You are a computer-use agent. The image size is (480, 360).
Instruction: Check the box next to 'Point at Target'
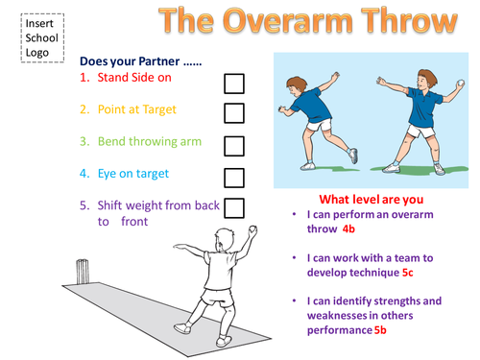click(x=233, y=113)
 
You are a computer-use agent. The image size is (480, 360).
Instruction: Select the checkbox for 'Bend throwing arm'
click(x=233, y=145)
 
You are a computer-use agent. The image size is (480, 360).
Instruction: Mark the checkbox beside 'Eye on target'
click(x=233, y=177)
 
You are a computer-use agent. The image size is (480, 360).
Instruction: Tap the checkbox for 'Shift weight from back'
click(x=233, y=206)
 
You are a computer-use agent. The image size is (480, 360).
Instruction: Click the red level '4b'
click(x=352, y=230)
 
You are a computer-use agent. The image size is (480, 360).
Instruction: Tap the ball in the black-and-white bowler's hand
click(x=252, y=229)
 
